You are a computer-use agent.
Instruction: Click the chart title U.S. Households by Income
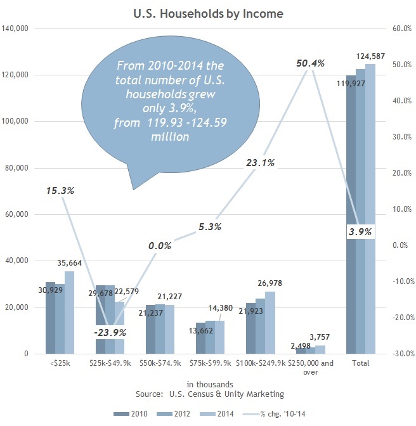pos(207,12)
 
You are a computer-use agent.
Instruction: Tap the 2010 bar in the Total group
pos(350,216)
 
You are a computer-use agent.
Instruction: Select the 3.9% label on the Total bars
pos(360,233)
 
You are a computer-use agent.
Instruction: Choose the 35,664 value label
pos(69,263)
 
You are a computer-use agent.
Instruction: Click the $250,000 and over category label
pos(309,368)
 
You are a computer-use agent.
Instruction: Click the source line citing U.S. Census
pos(209,394)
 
